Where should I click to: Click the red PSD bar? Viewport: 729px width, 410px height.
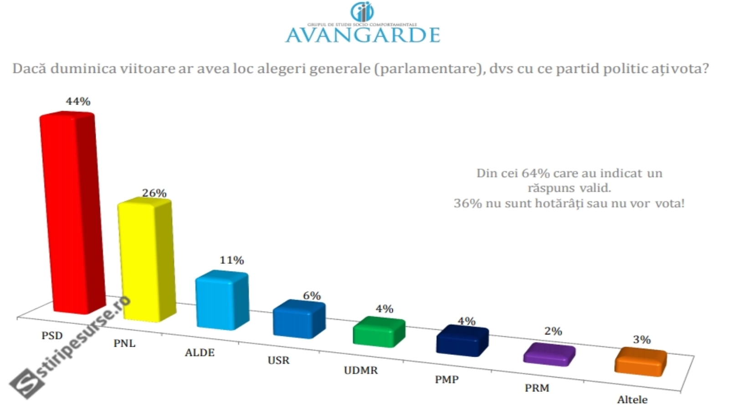coord(71,214)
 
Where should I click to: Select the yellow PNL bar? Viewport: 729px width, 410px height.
coord(145,260)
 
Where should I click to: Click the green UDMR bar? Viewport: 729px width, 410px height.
coord(379,333)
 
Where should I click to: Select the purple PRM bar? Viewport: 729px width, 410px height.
coord(549,355)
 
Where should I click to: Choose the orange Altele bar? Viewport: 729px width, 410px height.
coord(640,363)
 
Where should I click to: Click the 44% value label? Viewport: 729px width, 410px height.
coord(78,102)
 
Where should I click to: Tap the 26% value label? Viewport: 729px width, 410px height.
coord(154,193)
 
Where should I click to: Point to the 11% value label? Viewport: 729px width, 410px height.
coord(231,260)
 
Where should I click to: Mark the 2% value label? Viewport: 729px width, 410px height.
coord(553,331)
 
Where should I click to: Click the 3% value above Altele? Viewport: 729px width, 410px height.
coord(641,339)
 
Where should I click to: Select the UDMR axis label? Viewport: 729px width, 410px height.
coord(360,370)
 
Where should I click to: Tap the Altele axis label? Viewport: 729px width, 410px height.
coord(632,400)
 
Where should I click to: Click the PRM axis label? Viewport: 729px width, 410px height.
coord(537,388)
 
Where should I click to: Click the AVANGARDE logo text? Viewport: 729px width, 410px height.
coord(363,35)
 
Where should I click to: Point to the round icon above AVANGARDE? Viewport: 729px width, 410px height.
coord(362,11)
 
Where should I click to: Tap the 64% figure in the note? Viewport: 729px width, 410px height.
coord(536,174)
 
